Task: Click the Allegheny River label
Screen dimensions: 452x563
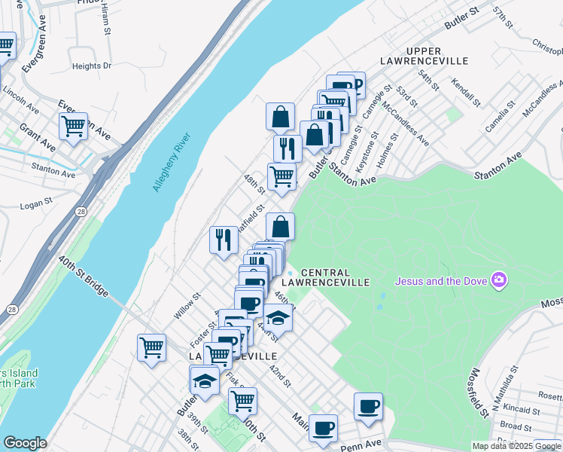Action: coord(173,162)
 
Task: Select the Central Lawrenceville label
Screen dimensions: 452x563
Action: coord(335,277)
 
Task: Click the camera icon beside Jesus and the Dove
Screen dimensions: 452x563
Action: coord(498,281)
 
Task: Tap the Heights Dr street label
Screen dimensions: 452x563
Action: coord(92,66)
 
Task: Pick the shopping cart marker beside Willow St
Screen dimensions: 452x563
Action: coord(151,347)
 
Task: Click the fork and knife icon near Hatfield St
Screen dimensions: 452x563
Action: coord(224,239)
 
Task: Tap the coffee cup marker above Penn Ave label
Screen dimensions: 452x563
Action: coord(368,407)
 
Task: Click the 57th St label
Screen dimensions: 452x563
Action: coord(503,18)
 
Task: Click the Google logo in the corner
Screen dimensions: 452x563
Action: coord(25,443)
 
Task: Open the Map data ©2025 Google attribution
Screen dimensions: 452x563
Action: coord(516,446)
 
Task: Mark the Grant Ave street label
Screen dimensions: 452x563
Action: coord(38,136)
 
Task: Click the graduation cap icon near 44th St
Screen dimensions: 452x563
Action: coord(278,317)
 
